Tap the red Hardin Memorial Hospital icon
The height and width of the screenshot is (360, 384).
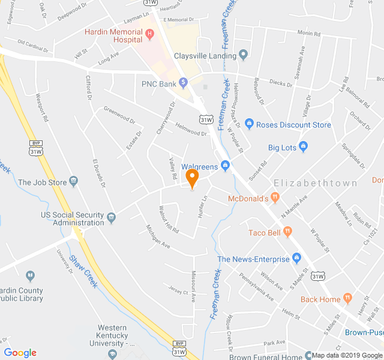coord(149,34)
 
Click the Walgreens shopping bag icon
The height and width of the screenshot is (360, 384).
coord(225,165)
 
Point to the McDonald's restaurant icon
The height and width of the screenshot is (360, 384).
coord(275,197)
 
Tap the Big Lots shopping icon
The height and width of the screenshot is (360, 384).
coord(303,146)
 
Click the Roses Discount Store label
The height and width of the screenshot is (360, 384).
coord(293,125)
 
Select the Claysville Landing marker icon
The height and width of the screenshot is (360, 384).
coord(243,55)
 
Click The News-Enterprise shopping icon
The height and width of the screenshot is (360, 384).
coord(296,259)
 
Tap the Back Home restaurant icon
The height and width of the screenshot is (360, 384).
coord(347,298)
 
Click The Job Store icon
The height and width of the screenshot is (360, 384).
coord(73,181)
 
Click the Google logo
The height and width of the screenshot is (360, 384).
coord(20,353)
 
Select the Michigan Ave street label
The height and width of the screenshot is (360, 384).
coord(158,237)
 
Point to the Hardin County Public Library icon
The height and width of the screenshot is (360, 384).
coord(30,275)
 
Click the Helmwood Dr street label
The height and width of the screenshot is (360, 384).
coord(191,129)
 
